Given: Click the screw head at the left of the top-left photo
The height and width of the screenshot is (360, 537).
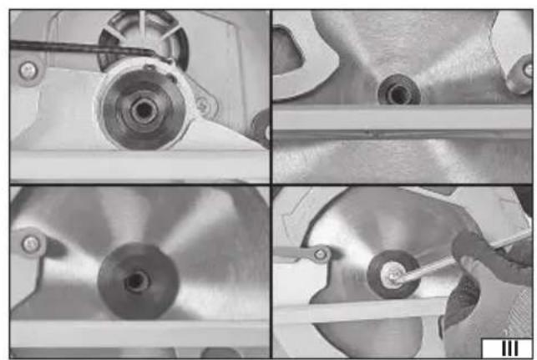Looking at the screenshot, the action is [x=28, y=71].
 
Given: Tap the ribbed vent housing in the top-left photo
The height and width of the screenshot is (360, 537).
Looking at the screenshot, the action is [x=143, y=38].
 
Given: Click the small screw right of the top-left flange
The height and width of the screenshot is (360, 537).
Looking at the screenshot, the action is [x=202, y=105].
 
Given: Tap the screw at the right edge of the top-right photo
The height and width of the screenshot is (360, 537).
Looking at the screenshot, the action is [x=528, y=70].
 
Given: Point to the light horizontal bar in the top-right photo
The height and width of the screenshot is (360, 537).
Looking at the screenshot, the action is [x=403, y=118].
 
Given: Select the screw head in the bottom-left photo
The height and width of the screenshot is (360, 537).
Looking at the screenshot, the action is [x=31, y=244].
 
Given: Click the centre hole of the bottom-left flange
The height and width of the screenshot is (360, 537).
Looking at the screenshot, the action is [x=137, y=281].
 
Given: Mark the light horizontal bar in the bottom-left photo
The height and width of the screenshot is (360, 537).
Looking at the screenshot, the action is [x=139, y=333].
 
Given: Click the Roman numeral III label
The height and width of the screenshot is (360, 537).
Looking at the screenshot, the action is [x=510, y=348].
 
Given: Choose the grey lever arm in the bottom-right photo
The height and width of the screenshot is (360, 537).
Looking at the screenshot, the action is [x=301, y=254].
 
